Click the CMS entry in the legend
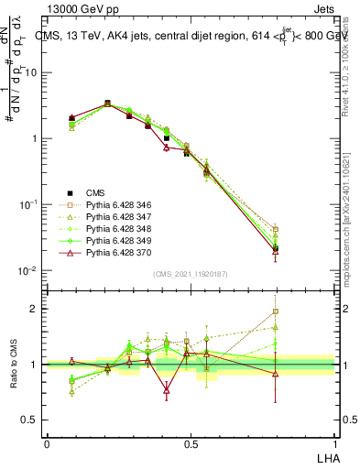coord(95,192)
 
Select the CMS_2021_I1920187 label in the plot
coord(190,274)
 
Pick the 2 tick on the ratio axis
coord(36,309)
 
